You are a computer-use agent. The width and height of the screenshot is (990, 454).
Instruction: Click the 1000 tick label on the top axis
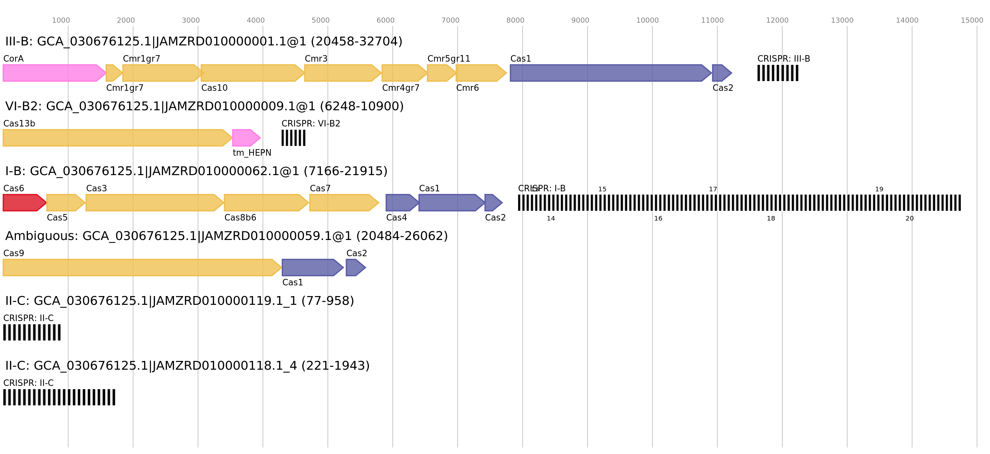pyautogui.click(x=61, y=20)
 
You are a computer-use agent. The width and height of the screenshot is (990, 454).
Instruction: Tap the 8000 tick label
pyautogui.click(x=515, y=20)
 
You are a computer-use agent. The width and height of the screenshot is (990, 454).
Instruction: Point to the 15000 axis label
pyautogui.click(x=972, y=20)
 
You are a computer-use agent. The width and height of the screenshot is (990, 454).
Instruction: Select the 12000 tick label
pyautogui.click(x=777, y=20)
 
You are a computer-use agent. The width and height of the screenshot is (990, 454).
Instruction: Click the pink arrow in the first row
pyautogui.click(x=52, y=73)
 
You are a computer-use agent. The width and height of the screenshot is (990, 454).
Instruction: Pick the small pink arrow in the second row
pyautogui.click(x=245, y=138)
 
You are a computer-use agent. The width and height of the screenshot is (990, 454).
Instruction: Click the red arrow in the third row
pyautogui.click(x=23, y=203)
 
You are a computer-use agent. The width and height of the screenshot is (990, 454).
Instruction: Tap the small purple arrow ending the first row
pyautogui.click(x=721, y=73)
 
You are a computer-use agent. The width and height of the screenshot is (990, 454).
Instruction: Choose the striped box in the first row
pyautogui.click(x=778, y=73)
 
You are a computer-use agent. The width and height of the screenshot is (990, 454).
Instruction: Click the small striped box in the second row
pyautogui.click(x=293, y=138)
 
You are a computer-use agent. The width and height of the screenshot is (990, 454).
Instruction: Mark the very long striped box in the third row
pyautogui.click(x=739, y=203)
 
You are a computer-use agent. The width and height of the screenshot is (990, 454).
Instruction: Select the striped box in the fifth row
pyautogui.click(x=32, y=332)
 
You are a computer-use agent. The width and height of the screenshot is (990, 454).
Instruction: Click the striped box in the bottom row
pyautogui.click(x=59, y=397)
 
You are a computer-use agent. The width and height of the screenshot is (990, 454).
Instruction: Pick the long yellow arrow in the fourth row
pyautogui.click(x=140, y=268)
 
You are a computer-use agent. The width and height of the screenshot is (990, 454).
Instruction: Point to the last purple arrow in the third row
pyautogui.click(x=493, y=203)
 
